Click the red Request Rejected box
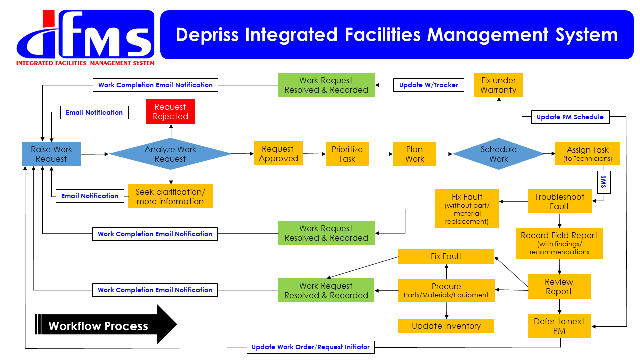170,111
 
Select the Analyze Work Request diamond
170,154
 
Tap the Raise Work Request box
51,154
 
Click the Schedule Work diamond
499,154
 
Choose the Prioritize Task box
347,154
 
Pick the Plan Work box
414,154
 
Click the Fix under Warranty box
498,85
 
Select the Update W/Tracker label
429,85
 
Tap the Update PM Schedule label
570,117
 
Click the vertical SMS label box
604,182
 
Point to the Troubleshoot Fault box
559,201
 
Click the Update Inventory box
446,326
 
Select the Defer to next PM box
559,326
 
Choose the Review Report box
559,286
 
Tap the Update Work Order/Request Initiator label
311,347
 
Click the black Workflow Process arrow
106,324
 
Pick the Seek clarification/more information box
170,196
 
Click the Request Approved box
278,153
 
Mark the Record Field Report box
559,243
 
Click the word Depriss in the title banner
207,35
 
